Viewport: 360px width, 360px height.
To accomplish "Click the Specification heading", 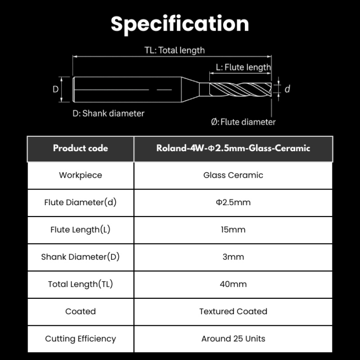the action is (x=180, y=24).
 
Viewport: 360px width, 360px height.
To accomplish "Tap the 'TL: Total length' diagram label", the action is (x=175, y=50).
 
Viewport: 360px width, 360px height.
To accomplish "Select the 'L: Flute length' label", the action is (x=243, y=67).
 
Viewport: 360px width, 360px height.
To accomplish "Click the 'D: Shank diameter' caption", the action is (x=108, y=113).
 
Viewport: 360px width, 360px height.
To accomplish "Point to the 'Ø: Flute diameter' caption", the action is (x=243, y=122).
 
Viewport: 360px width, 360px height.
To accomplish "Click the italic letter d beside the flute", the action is (x=287, y=89).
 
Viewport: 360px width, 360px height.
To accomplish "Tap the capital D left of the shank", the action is (x=55, y=89).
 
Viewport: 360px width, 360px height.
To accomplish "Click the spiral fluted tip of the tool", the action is (x=240, y=90).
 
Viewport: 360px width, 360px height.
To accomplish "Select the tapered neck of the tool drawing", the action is (x=190, y=89).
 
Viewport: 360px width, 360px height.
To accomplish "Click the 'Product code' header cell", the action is (x=81, y=148).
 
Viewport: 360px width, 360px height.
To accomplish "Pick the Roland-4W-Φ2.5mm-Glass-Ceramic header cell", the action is (x=233, y=148).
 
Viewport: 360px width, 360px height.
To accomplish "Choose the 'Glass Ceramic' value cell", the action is (x=233, y=175).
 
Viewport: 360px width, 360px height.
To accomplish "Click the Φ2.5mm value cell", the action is (x=233, y=203).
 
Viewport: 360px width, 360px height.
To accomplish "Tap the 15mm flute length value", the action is (x=233, y=230).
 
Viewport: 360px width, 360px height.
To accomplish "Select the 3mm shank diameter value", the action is (x=233, y=257).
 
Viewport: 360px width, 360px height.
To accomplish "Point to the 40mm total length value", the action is (x=233, y=284).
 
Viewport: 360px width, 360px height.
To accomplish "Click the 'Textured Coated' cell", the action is (x=233, y=312).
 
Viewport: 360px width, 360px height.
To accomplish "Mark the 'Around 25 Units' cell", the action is (x=233, y=339).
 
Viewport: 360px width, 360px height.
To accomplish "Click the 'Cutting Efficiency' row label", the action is (x=81, y=339).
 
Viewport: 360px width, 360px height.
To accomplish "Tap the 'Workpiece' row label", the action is (x=81, y=175).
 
